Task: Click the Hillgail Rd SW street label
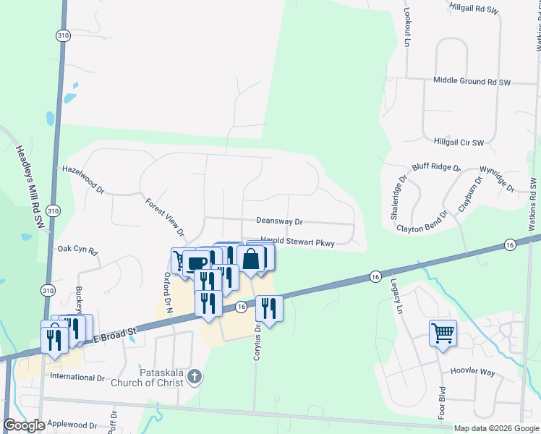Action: coord(473,11)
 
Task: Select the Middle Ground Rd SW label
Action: coord(472,82)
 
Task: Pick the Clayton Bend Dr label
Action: coord(422,228)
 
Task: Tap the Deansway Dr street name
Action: coord(278,221)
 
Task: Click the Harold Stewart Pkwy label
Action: coord(297,244)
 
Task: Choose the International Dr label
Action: coord(77,378)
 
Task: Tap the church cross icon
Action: coord(193,376)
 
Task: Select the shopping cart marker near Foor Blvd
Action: coord(443,334)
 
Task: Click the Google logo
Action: coord(25,425)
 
